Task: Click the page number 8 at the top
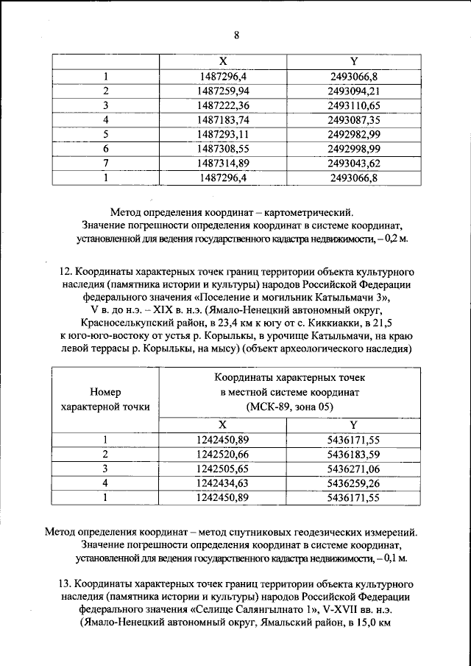(236, 35)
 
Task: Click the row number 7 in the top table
(106, 162)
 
